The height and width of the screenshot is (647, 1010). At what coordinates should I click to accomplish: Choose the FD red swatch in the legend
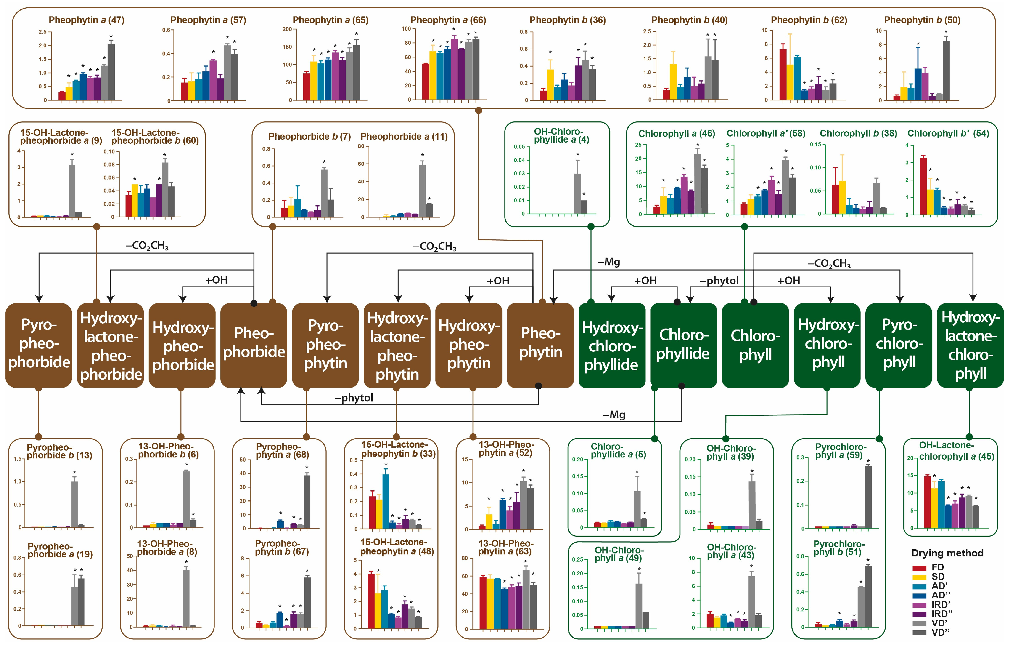tap(919, 568)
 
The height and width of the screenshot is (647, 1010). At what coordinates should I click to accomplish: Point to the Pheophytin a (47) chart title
tap(86, 20)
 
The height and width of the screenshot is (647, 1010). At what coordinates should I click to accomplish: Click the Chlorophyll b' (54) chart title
tap(948, 134)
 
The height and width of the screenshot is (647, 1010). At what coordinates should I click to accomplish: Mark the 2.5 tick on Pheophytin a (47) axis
tap(42, 32)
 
